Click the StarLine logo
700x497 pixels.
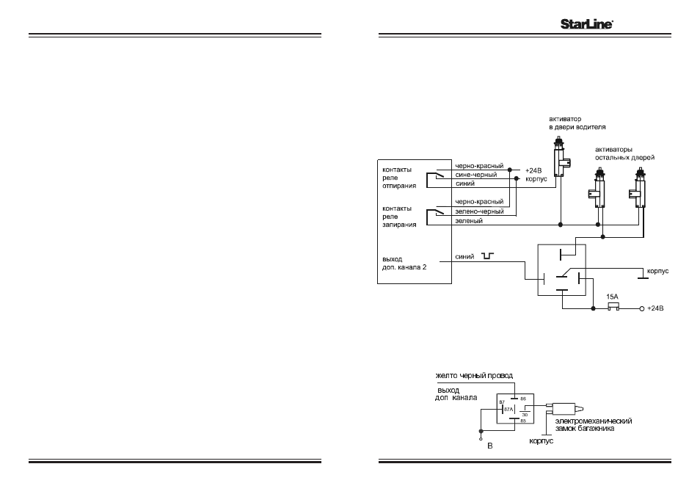point(586,24)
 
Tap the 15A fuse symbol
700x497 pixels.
point(614,307)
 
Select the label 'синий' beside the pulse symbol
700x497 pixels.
point(464,257)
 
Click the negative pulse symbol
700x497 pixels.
point(487,256)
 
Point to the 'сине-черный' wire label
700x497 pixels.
point(476,175)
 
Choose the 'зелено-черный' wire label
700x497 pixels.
point(479,211)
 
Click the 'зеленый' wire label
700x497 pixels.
point(469,221)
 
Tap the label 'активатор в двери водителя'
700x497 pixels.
point(577,123)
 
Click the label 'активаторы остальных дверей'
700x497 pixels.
point(624,153)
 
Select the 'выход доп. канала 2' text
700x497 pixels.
point(404,263)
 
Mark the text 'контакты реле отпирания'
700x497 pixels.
point(399,178)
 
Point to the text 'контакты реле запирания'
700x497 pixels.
point(399,217)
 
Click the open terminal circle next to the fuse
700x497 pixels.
point(642,308)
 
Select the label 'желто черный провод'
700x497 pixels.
point(474,376)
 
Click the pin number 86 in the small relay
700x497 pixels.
point(524,399)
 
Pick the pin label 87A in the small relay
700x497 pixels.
point(508,409)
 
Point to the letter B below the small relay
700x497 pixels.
point(489,446)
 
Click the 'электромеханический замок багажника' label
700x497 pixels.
point(594,424)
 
